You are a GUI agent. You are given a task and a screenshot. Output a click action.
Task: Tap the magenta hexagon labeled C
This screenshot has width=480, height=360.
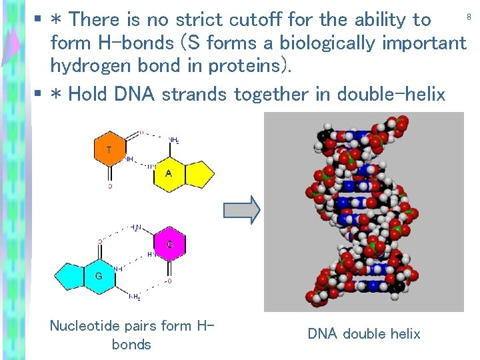click(x=170, y=245)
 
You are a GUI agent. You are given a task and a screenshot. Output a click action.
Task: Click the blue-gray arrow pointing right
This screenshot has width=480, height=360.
click(x=241, y=210)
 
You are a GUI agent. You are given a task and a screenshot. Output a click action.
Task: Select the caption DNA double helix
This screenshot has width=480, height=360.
click(x=363, y=333)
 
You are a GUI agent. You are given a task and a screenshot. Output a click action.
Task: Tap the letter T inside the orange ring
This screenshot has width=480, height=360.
click(x=109, y=150)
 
